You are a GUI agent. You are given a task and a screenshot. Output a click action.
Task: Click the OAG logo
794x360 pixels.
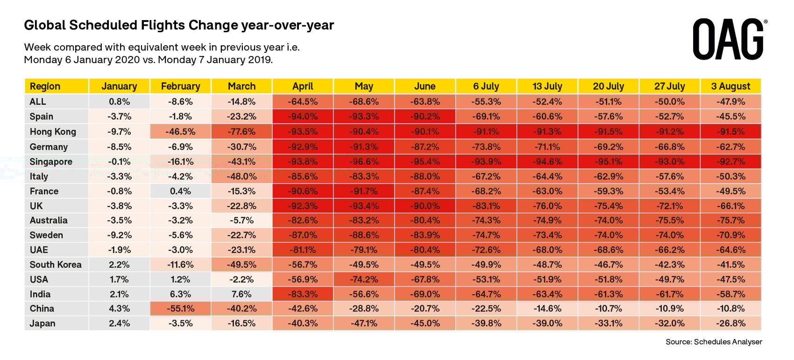pos(729,39)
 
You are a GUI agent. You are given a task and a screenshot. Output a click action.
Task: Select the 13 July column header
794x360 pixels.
pos(547,86)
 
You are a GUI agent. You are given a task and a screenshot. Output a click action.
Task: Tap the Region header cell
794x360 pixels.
pos(45,86)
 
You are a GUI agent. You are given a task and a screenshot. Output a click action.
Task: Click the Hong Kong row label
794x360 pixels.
pos(53,132)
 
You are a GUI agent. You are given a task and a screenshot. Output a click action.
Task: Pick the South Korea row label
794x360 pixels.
pos(56,265)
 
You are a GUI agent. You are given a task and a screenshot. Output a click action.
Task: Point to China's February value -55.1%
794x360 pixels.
pos(180,309)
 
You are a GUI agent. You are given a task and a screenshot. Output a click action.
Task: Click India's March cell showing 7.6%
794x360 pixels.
pos(241,294)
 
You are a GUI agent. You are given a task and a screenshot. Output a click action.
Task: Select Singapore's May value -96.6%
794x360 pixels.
pos(364,162)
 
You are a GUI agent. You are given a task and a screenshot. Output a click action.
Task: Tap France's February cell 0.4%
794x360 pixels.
pos(180,191)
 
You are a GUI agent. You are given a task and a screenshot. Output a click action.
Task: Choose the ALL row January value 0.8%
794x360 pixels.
pos(119,101)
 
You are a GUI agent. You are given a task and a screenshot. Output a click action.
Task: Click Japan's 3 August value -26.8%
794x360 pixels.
pos(730,323)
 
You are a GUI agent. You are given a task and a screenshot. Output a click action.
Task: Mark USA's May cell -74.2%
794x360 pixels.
pos(364,279)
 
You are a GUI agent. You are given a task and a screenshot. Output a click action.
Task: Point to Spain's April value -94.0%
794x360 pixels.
pos(303,116)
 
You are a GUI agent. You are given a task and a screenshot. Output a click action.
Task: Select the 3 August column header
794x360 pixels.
pos(730,86)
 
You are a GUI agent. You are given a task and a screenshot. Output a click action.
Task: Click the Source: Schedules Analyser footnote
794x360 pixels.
pos(714,342)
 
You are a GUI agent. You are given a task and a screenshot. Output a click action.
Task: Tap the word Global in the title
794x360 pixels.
pos(45,25)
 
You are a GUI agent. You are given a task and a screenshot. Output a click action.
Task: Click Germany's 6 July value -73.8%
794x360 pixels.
pos(486,147)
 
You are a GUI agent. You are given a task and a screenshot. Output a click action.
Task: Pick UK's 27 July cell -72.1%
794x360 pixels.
pos(669,206)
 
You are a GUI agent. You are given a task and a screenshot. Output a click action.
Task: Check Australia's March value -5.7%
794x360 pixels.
pos(241,220)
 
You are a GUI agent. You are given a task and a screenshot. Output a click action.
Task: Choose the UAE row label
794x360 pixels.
pos(39,250)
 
